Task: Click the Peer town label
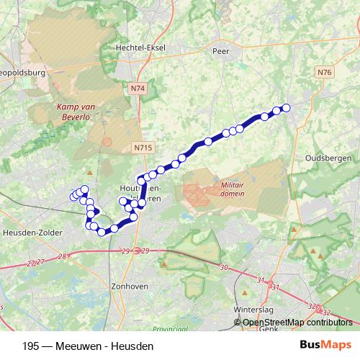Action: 220,51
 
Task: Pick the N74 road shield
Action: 138,88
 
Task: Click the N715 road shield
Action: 143,147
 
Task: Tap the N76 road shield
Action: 325,71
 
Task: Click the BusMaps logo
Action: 325,346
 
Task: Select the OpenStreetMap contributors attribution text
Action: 298,323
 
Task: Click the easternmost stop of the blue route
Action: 285,108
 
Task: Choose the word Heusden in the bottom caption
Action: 132,346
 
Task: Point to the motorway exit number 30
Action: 224,267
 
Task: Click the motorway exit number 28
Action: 63,257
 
